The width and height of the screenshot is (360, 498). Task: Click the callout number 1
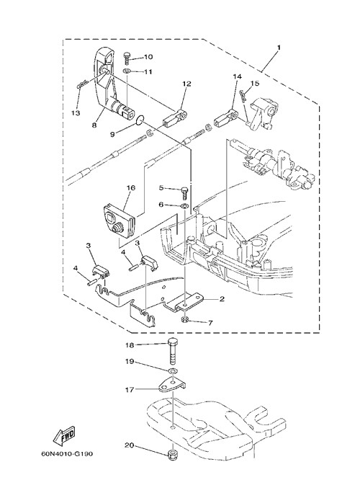[279, 48]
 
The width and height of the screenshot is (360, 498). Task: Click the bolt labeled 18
[173, 352]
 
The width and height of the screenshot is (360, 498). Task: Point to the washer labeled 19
[173, 370]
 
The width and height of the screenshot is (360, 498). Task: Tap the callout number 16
[131, 187]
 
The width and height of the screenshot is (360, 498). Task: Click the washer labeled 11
[127, 71]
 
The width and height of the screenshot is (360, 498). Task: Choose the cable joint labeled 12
[175, 117]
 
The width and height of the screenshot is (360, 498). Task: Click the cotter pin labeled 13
[82, 85]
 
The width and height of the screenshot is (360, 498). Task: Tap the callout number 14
[237, 76]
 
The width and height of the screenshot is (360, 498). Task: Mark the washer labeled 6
[184, 207]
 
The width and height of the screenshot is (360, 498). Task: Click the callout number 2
[222, 298]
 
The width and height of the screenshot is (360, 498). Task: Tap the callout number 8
[94, 125]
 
